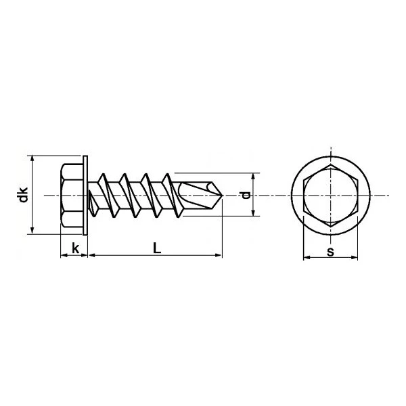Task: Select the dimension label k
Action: tap(75, 248)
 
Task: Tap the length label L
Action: tap(156, 248)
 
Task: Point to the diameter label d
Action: tap(246, 195)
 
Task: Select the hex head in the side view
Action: tap(72, 195)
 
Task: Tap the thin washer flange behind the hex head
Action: tap(87, 195)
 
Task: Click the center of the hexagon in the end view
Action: tap(330, 195)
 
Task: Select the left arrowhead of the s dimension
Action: tap(305, 258)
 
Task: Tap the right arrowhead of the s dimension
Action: tap(355, 258)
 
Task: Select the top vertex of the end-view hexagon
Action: tap(330, 166)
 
